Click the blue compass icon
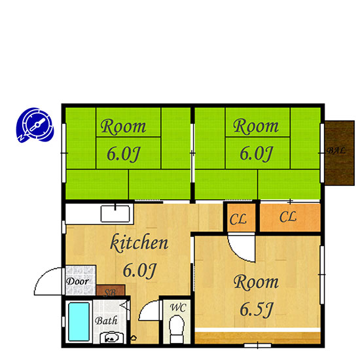point(35,125)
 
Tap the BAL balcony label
point(336,151)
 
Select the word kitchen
point(139,242)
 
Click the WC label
point(178,308)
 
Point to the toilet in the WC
point(177,329)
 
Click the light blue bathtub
point(79,321)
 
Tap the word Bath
point(106,321)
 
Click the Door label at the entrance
point(77,281)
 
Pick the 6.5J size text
point(256,309)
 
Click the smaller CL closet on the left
point(241,217)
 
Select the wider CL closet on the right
point(290,217)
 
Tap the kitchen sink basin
point(115,213)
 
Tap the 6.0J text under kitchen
point(139,270)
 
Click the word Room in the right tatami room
point(256,126)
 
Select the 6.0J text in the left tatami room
point(124,154)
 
